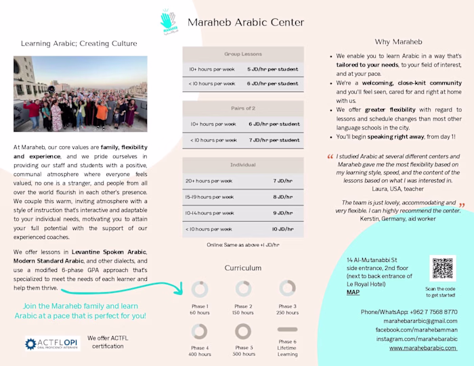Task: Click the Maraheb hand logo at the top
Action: point(169,20)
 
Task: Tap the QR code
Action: point(443,269)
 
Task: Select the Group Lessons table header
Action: point(243,53)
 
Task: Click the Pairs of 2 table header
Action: point(243,108)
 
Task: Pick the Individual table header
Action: point(243,164)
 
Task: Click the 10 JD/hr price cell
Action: point(282,229)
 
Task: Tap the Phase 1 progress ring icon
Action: point(199,289)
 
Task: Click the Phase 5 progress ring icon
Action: point(243,331)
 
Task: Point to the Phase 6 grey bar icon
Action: point(287,329)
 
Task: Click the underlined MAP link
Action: point(353,293)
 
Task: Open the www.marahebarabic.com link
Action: point(423,348)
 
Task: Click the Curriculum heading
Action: point(242,268)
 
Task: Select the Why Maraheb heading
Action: point(398,42)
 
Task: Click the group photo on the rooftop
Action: point(80,93)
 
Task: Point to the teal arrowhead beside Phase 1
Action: point(179,292)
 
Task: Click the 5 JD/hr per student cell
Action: point(272,69)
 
